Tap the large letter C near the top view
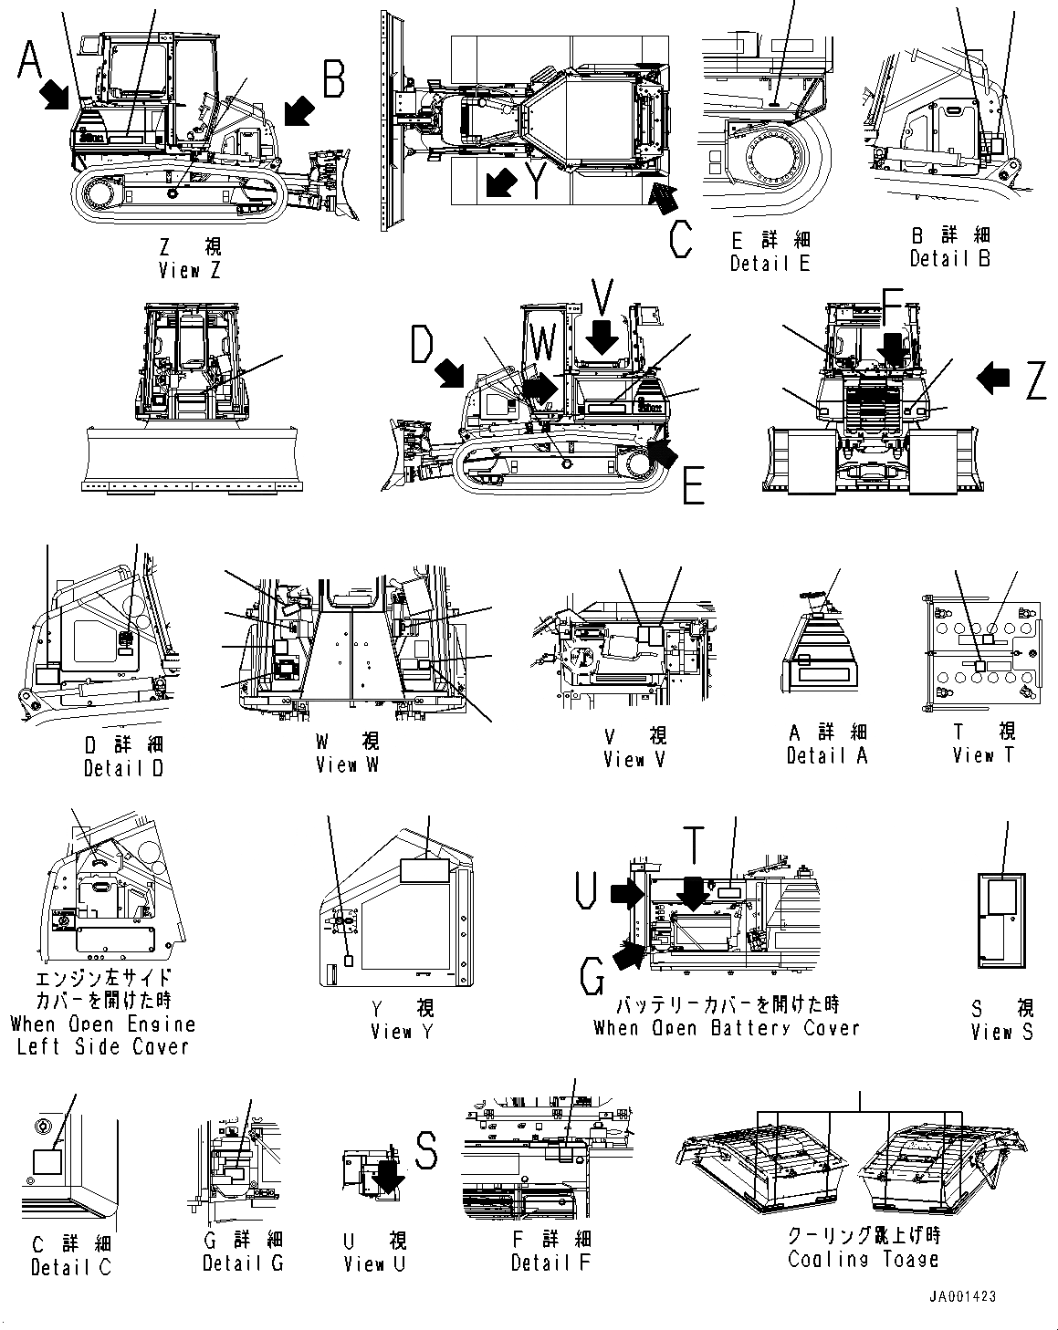click(681, 239)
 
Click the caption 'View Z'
click(189, 270)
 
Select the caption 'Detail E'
click(770, 263)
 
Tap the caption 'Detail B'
click(950, 258)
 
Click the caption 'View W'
click(347, 764)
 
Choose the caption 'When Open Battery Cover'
click(727, 1028)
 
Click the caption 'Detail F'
click(550, 1262)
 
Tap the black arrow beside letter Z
click(995, 377)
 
